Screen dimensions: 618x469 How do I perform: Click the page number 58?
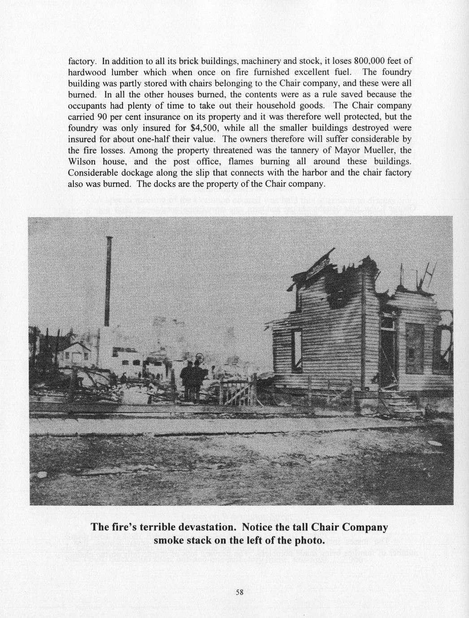pos(239,592)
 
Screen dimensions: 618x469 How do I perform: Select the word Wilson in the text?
pos(82,162)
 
